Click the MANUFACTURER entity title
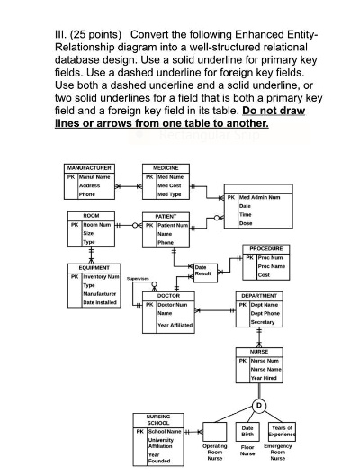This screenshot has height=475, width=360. pos(88,167)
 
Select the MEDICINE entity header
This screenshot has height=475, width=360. pos(166,167)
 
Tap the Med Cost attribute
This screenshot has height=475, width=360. pos(169,185)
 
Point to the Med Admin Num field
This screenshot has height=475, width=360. pos(258,196)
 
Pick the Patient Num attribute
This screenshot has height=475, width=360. pos(173,225)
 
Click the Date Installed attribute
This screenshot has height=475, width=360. pos(96,302)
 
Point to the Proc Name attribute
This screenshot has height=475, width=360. pos(270,266)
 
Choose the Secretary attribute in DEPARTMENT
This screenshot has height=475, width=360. pos(264,322)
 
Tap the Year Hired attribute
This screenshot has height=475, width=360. pos(264,379)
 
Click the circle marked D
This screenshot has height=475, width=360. pos(259,403)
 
